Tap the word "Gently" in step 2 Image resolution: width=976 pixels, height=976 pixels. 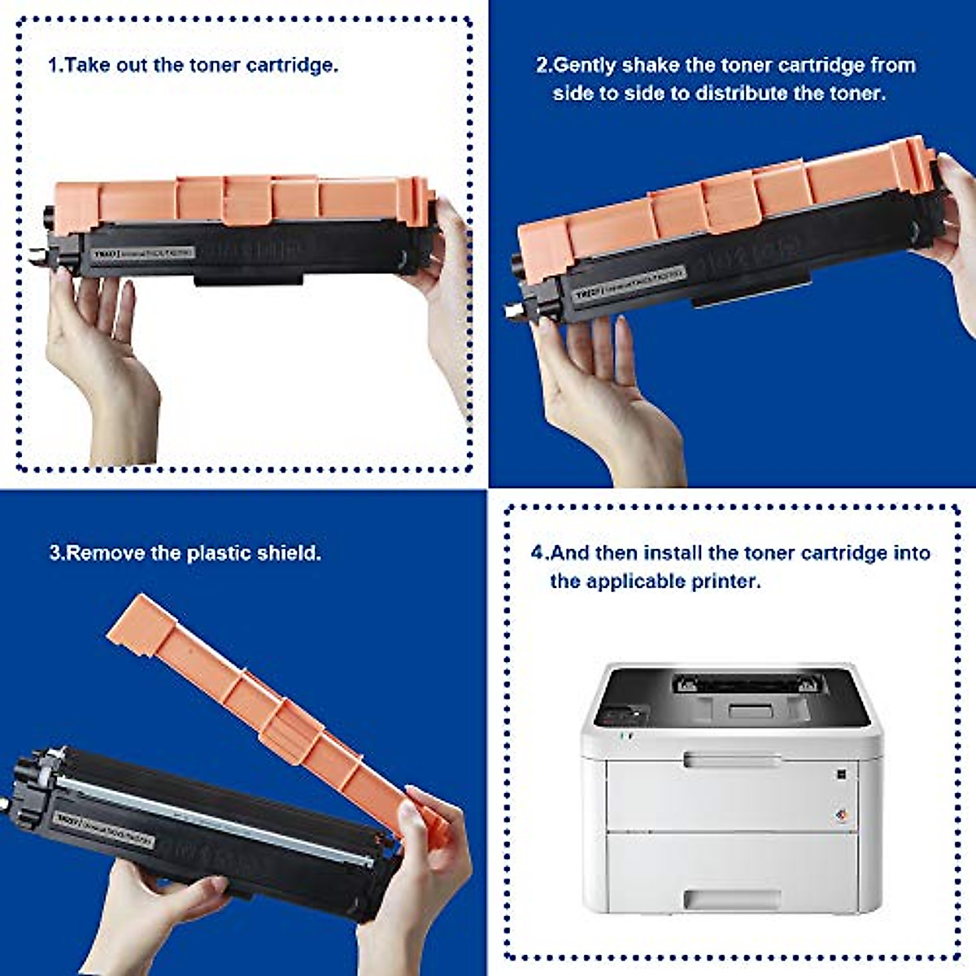(585, 65)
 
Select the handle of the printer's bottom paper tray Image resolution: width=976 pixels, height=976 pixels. (731, 899)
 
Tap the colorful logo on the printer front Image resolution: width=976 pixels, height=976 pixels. (843, 816)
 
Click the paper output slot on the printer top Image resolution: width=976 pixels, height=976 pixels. (744, 685)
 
